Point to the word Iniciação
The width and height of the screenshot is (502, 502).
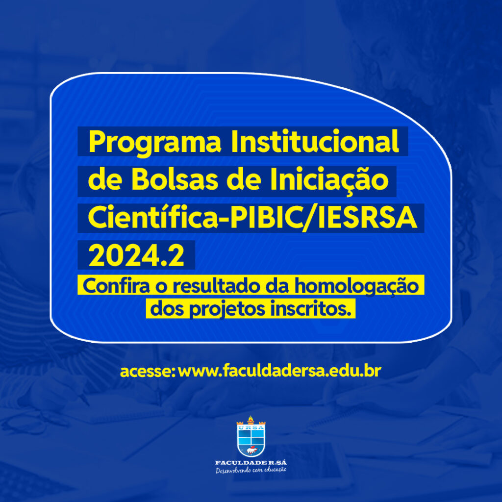329,181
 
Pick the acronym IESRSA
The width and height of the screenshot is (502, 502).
368,217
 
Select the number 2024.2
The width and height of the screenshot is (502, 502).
136,255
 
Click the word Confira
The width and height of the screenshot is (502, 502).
116,285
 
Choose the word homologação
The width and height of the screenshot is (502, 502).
357,286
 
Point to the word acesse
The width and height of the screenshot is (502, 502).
148,372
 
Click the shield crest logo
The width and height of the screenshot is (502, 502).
251,436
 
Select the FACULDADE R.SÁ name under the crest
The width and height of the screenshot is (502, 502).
251,463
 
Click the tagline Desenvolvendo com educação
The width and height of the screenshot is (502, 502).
251,470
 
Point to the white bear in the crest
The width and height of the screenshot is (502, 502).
252,451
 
